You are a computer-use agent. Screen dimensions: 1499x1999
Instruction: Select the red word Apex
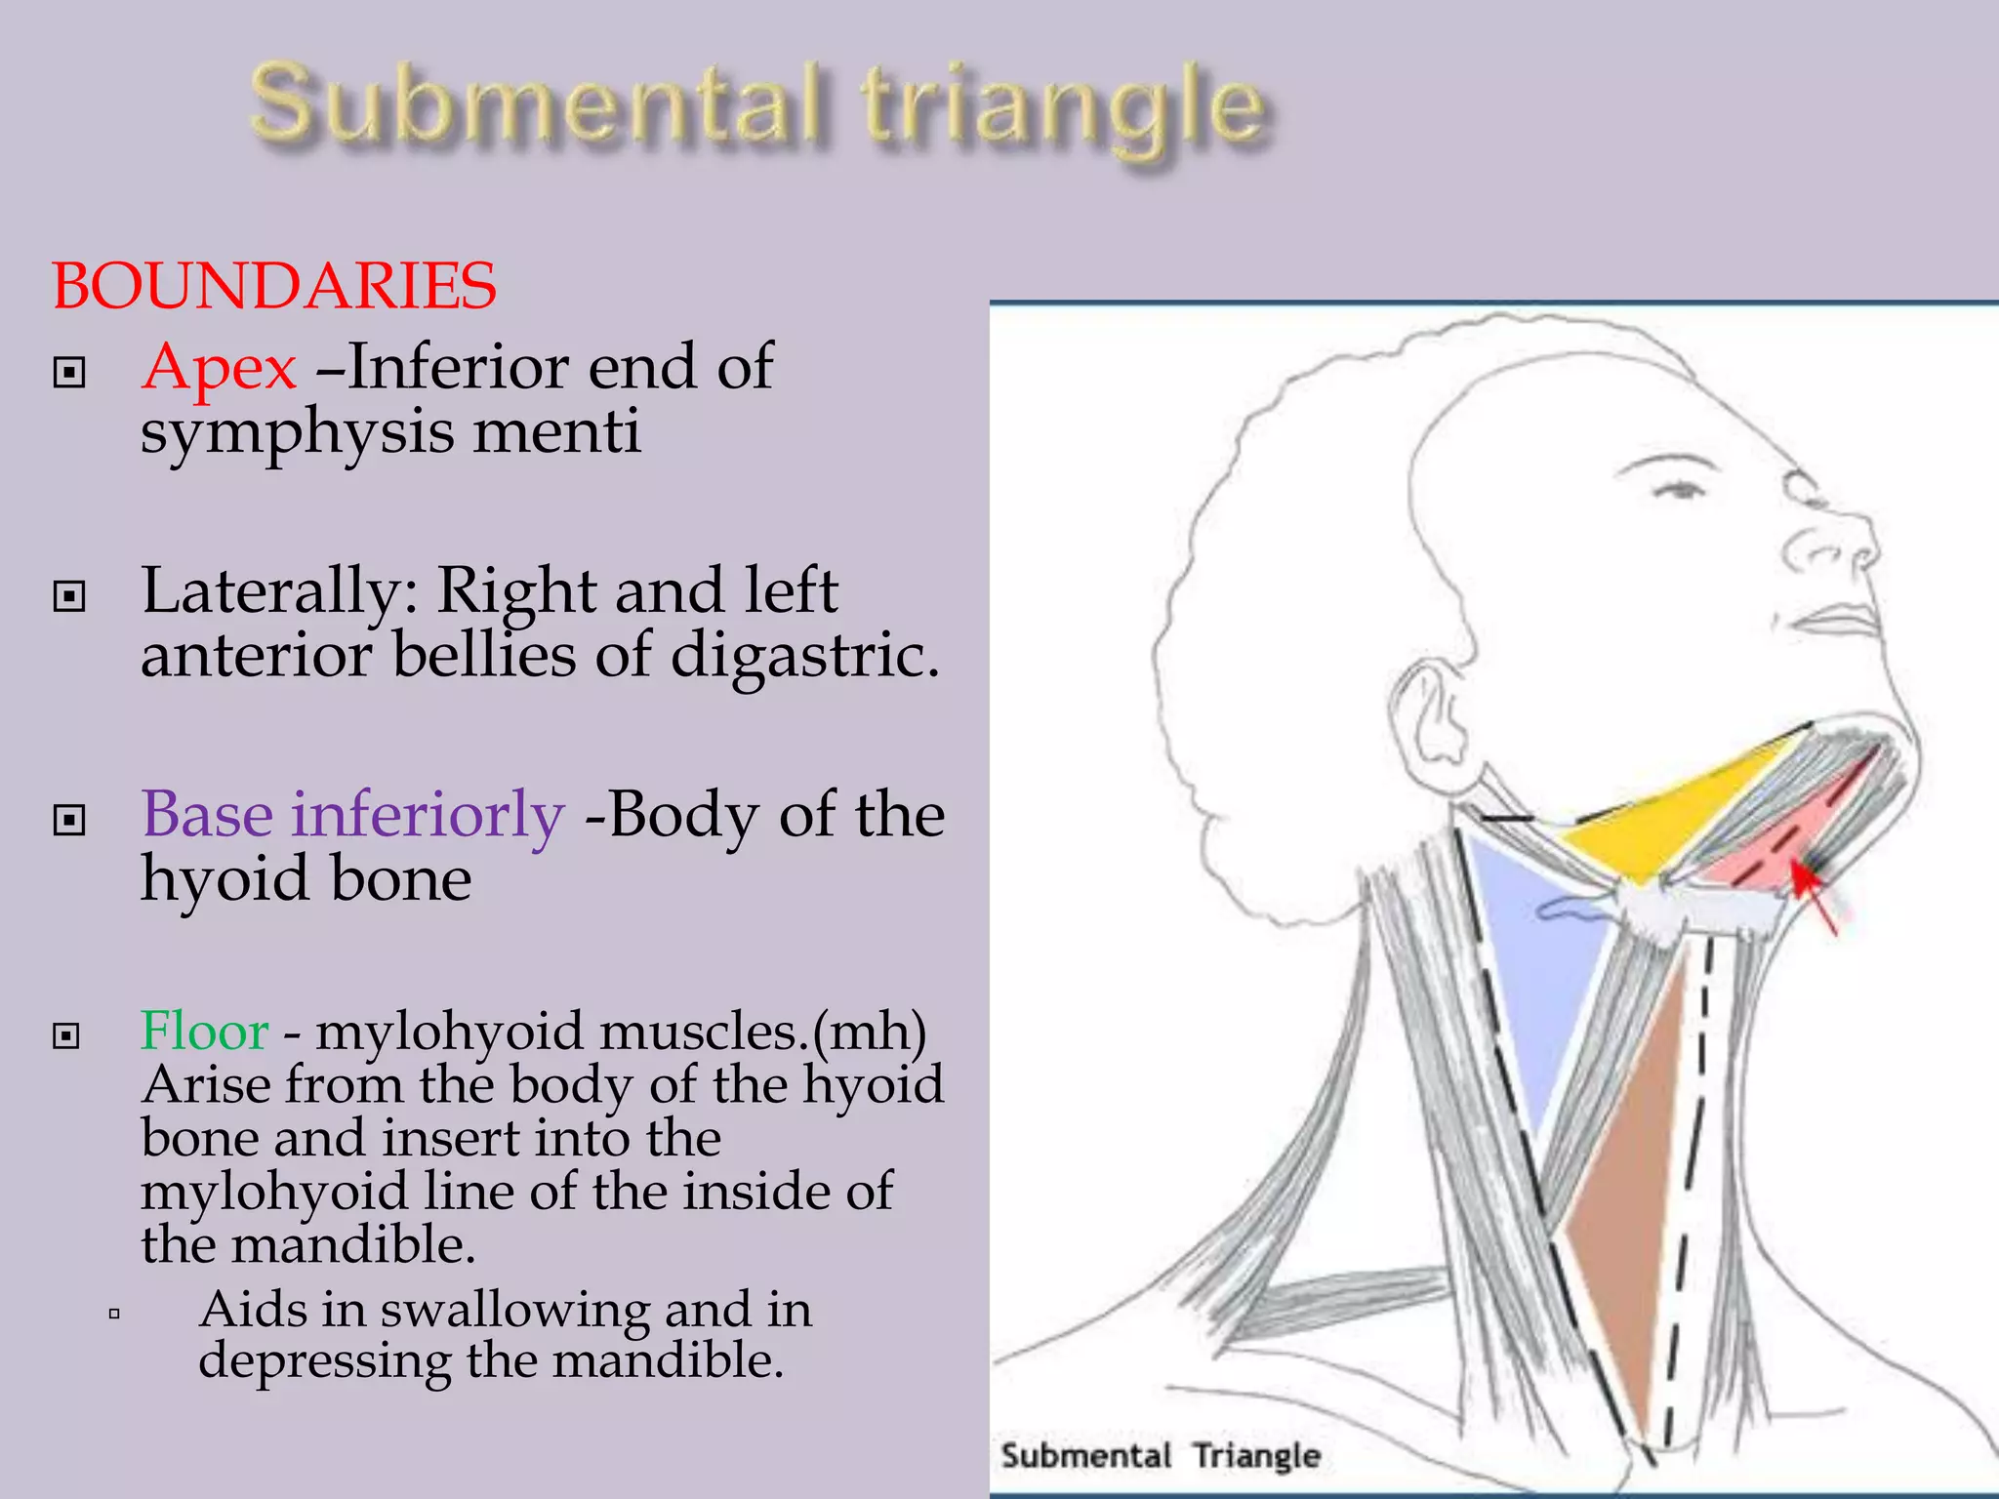tap(219, 369)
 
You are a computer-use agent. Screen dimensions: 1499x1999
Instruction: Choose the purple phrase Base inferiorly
tap(352, 815)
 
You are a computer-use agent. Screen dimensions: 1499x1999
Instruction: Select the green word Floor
tap(204, 1032)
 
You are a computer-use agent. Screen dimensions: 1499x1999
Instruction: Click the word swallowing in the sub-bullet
tap(513, 1311)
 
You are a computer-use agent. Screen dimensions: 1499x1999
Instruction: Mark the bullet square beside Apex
tap(69, 372)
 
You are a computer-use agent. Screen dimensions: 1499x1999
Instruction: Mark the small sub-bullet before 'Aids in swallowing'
tap(114, 1314)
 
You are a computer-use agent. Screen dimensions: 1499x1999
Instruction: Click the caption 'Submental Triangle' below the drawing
tap(1160, 1455)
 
